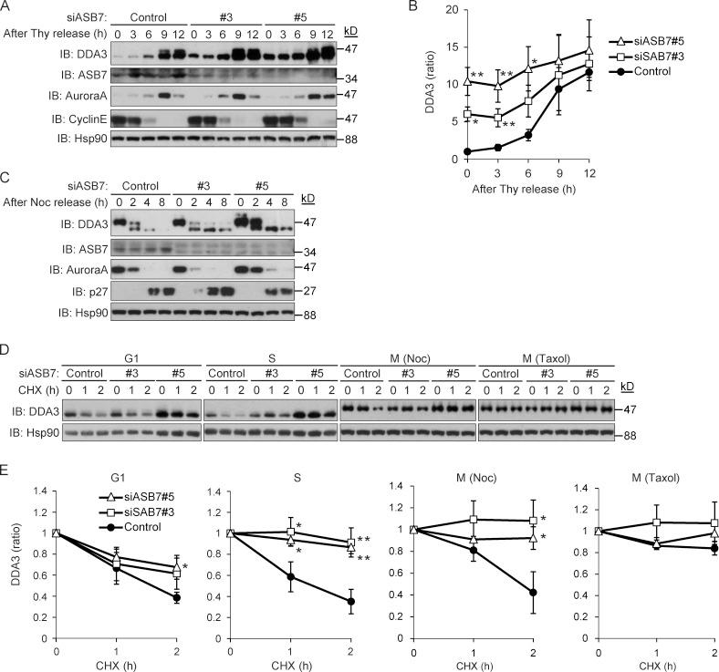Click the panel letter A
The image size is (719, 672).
7,7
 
